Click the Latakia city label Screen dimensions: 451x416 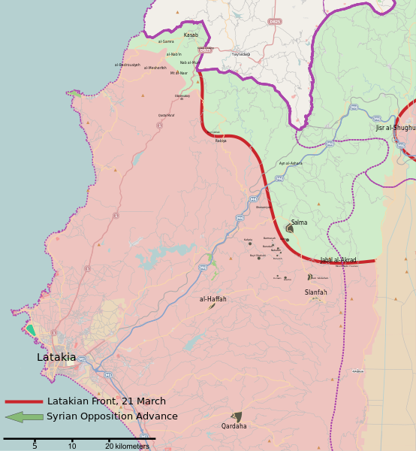point(56,358)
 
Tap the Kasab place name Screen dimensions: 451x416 point(191,35)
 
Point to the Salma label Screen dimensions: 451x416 point(299,222)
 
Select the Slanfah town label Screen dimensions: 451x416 point(315,292)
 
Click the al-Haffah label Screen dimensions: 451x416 point(213,299)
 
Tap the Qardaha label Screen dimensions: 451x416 point(234,426)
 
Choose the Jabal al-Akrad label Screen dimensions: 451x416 point(338,260)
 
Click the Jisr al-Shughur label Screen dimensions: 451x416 point(396,129)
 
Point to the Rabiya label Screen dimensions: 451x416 point(220,141)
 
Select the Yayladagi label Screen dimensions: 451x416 point(240,55)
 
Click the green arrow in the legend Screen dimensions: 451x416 point(24,416)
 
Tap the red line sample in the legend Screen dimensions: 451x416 point(24,402)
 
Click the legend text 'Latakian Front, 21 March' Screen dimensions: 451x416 point(106,401)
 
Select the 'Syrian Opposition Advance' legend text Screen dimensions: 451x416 point(112,416)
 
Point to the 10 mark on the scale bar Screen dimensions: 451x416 point(72,446)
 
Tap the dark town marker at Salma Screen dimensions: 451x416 point(290,229)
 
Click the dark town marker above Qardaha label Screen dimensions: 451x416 point(237,416)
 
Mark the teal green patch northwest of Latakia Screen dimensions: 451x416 point(31,329)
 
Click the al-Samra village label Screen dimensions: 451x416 point(165,42)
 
